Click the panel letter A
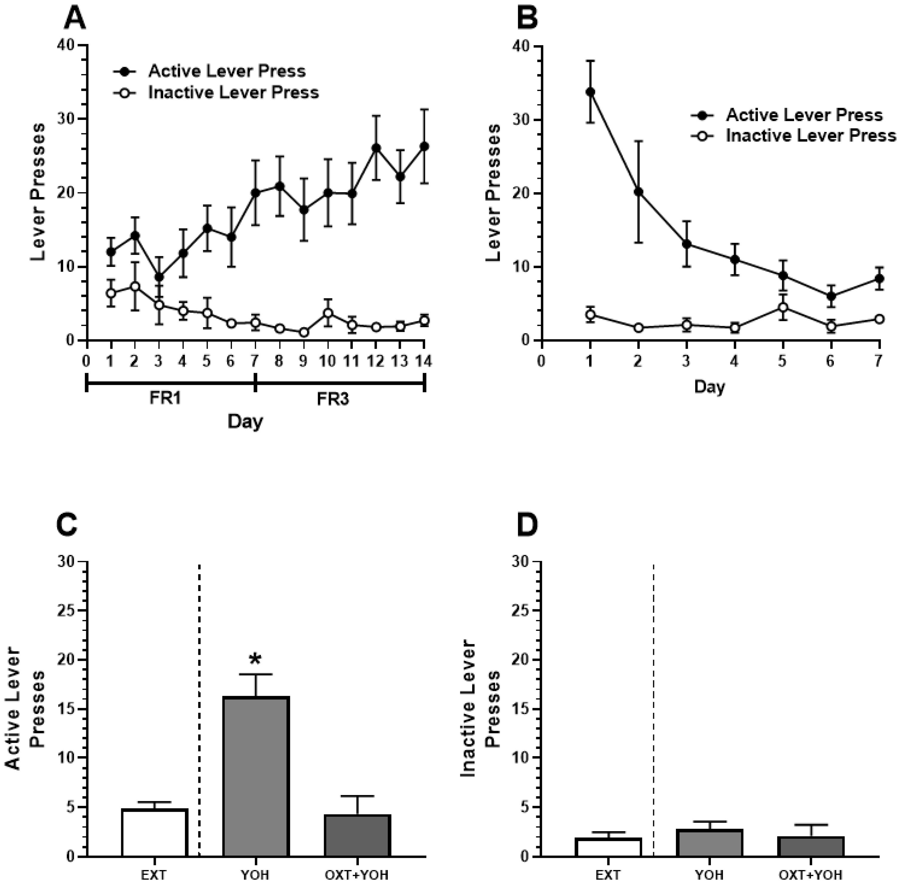75,19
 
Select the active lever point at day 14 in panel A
424,147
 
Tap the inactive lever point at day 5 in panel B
783,307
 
